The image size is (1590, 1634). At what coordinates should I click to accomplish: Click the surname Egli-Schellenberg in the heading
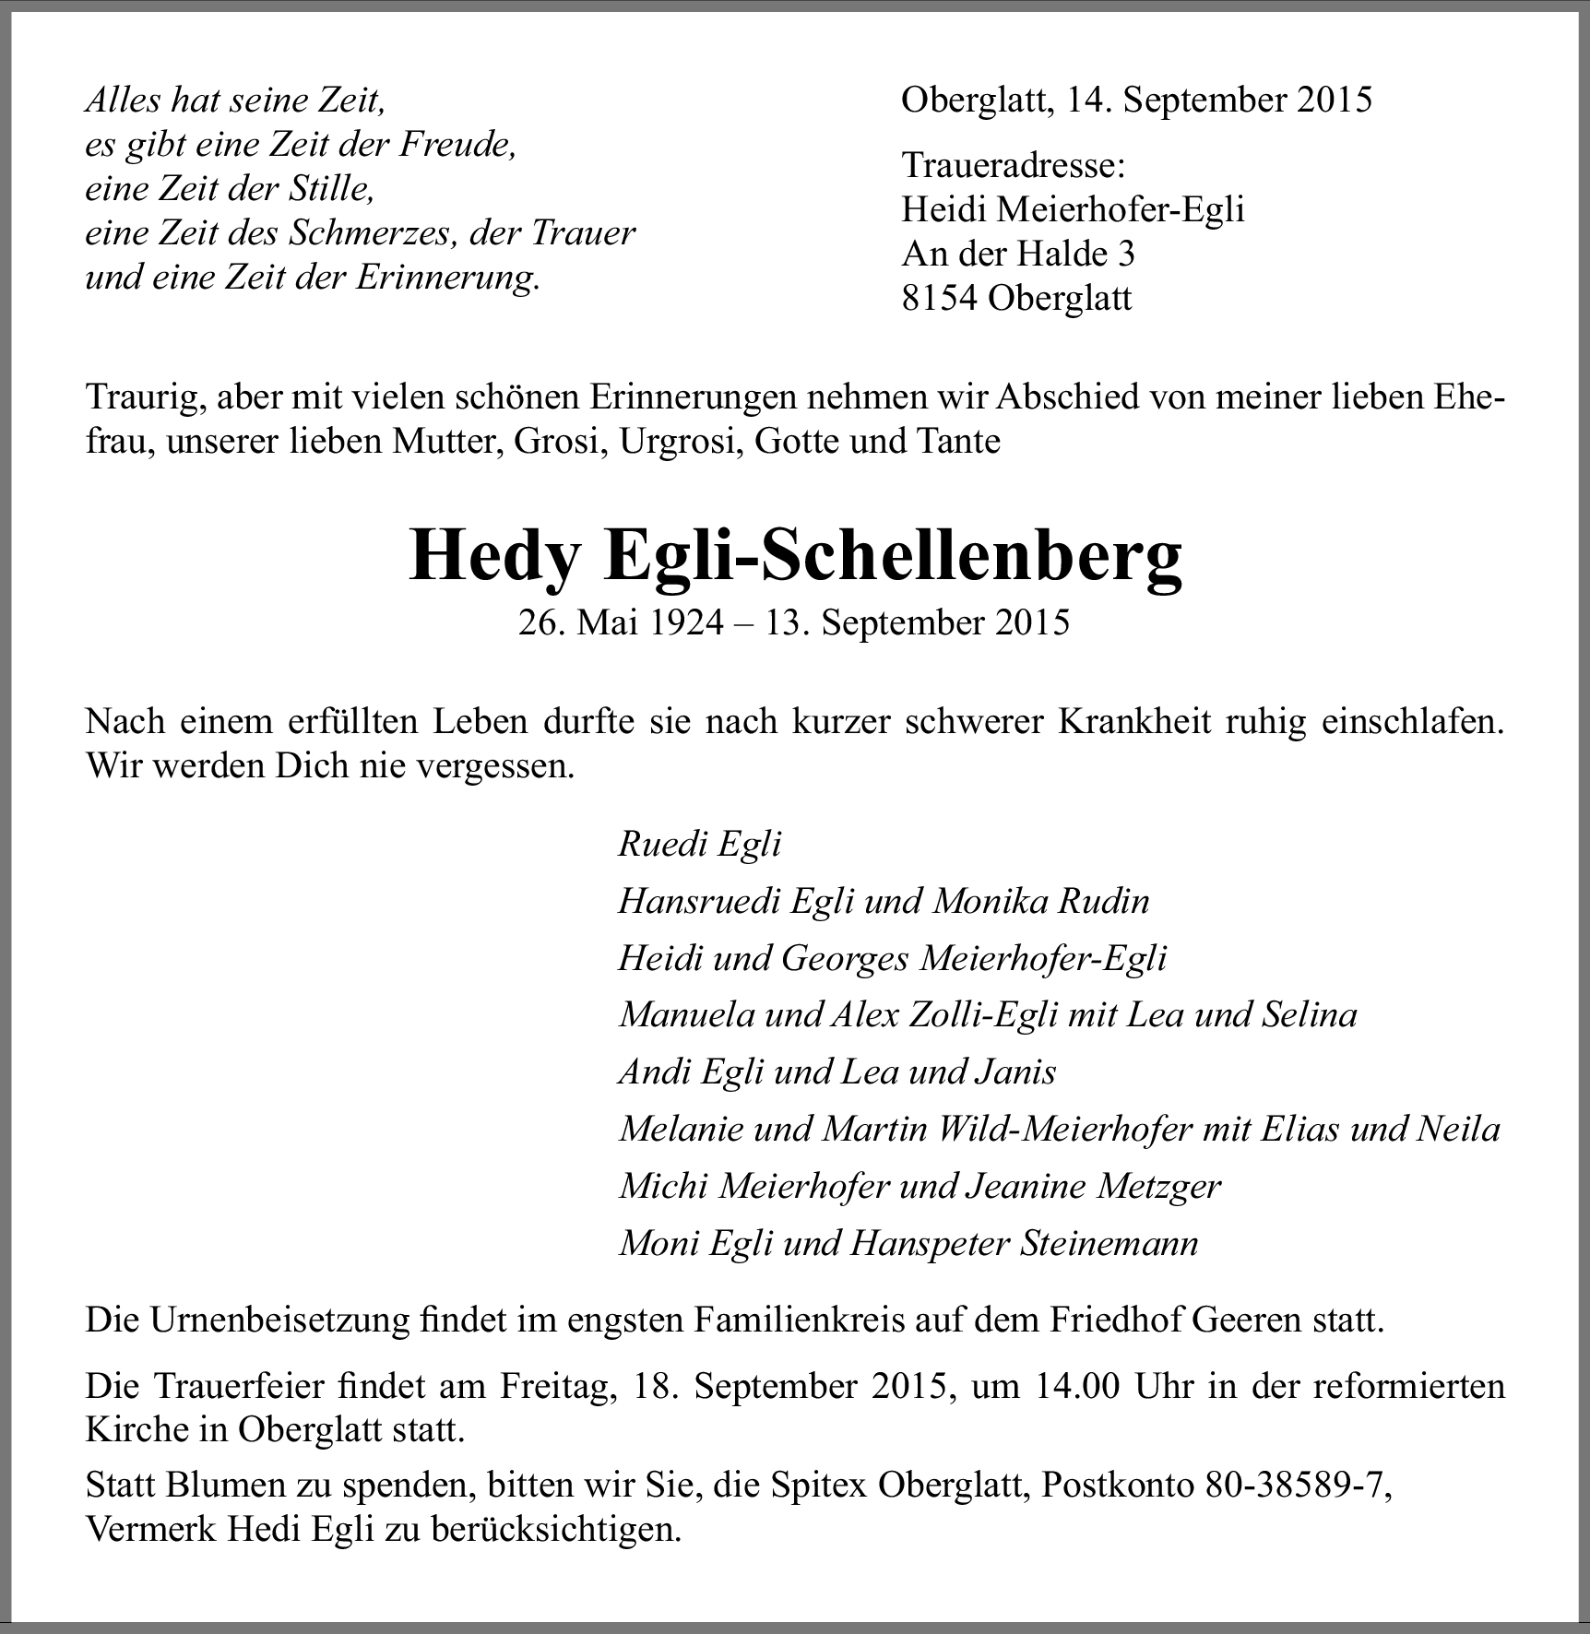[x=892, y=555]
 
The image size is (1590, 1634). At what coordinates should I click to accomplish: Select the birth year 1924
[x=683, y=622]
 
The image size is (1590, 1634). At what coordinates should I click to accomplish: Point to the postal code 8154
[x=939, y=298]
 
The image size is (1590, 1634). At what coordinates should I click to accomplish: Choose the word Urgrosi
[x=681, y=442]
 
